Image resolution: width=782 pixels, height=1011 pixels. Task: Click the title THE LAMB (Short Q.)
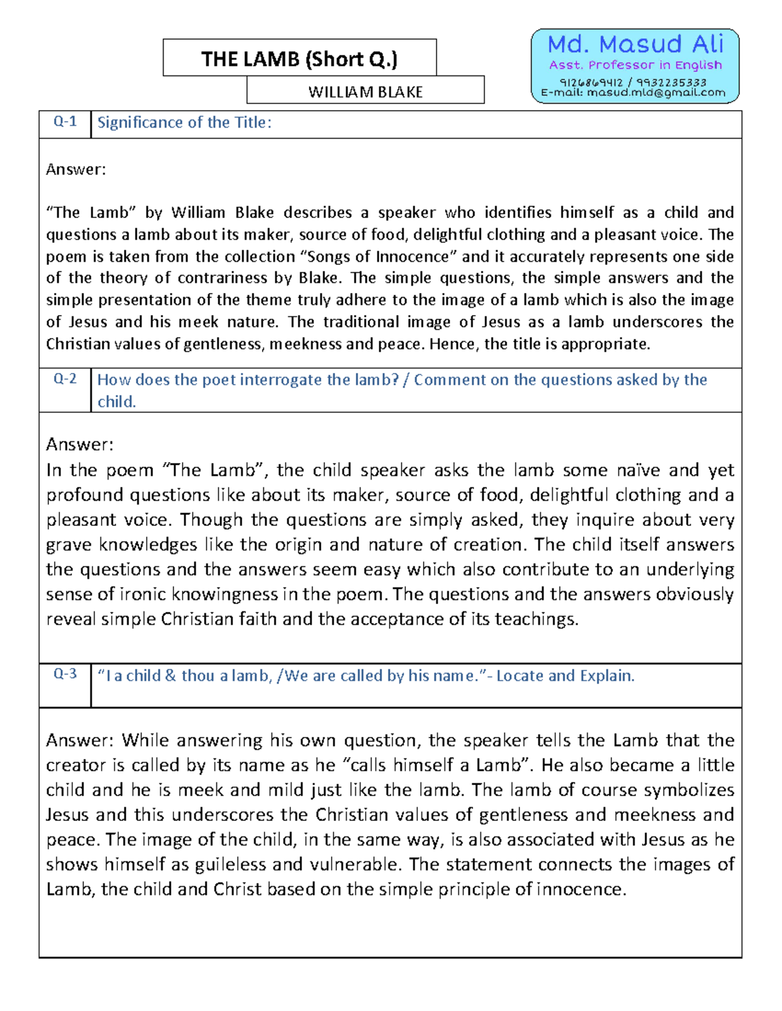click(x=299, y=59)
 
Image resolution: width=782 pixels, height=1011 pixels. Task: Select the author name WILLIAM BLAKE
click(x=365, y=92)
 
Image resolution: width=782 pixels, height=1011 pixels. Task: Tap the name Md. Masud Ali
click(x=635, y=44)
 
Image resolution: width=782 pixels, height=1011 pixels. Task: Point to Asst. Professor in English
click(x=635, y=65)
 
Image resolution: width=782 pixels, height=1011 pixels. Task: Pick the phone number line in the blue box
click(x=633, y=83)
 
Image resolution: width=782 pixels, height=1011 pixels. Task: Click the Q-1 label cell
click(x=65, y=122)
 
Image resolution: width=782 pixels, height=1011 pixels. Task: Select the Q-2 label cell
click(x=65, y=380)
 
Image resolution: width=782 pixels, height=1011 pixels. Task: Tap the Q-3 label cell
click(x=65, y=674)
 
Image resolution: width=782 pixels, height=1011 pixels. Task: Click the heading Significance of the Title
click(x=184, y=122)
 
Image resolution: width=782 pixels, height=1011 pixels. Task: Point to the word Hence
click(x=454, y=344)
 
